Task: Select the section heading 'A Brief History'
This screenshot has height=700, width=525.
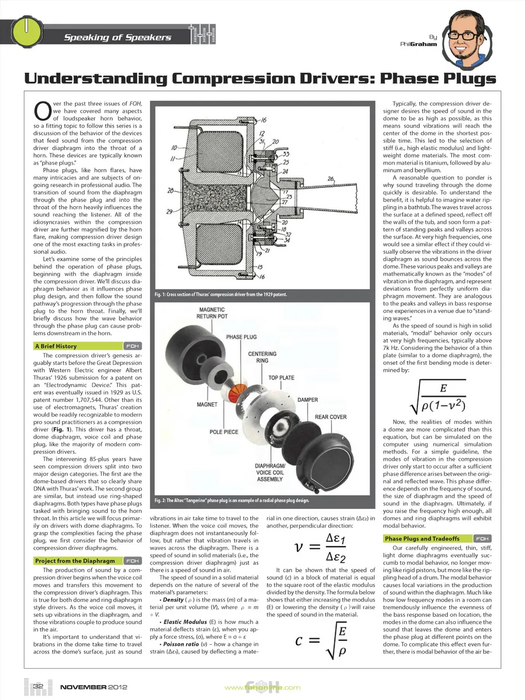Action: pos(56,346)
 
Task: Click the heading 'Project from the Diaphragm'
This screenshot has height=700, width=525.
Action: pos(75,561)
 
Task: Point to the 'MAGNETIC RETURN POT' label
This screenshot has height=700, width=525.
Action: pos(212,313)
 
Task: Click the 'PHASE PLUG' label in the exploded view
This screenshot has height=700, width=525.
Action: pos(241,337)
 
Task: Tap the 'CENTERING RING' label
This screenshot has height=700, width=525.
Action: pos(262,357)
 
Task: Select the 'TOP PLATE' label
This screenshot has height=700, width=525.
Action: pos(281,378)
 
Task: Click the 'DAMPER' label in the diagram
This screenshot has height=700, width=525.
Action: pos(307,400)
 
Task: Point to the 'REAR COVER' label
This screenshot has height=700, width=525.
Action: pos(330,417)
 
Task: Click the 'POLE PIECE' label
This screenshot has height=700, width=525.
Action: pos(224,432)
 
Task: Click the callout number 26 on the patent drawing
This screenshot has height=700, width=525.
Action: pos(330,179)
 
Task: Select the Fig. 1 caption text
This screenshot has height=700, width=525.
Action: pos(220,294)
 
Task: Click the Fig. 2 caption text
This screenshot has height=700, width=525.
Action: pos(231,500)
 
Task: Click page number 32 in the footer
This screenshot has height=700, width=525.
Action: pos(38,686)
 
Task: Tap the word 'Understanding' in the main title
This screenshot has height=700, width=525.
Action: pos(96,79)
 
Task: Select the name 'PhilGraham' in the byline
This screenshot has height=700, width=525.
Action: pos(419,44)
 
